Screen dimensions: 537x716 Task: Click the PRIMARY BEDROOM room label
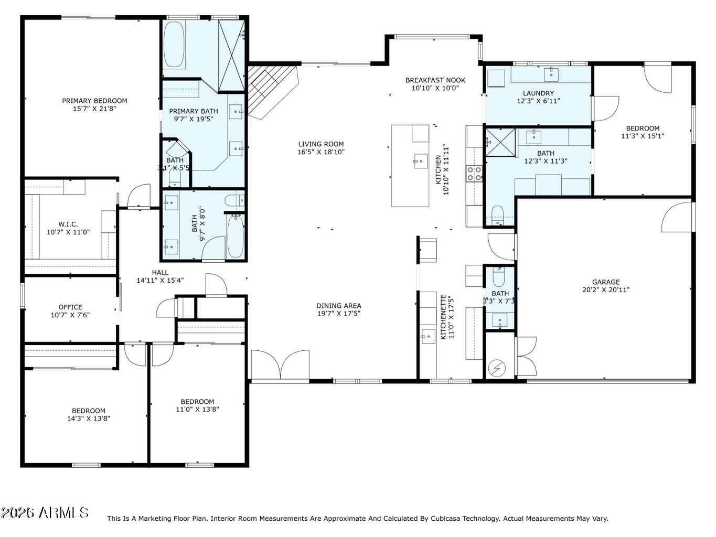(94, 101)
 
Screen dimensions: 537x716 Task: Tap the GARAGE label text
(606, 282)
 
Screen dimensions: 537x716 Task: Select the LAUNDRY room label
(538, 93)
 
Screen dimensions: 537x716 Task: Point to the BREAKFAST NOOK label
(435, 80)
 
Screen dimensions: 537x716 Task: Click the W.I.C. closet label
(68, 224)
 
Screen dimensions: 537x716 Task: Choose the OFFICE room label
(70, 307)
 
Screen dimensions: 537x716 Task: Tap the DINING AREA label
(338, 306)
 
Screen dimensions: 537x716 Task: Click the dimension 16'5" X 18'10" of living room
(321, 152)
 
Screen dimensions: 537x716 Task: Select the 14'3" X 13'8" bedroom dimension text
(89, 418)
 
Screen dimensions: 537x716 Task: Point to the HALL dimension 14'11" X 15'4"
(160, 280)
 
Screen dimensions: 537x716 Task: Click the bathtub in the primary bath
(174, 45)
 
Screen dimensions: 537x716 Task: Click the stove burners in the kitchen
(474, 174)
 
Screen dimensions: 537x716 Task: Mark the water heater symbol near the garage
(496, 369)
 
